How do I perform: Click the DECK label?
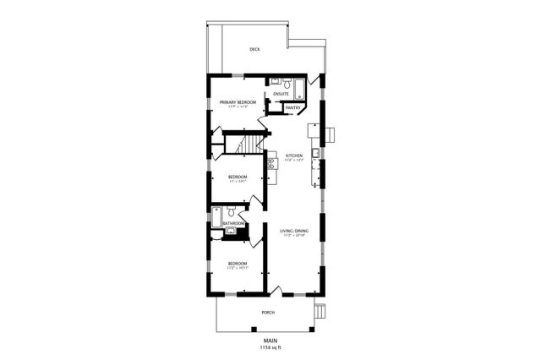click(254, 50)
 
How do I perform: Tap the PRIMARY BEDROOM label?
click(238, 102)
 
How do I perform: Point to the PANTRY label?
click(292, 107)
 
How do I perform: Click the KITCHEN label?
click(293, 155)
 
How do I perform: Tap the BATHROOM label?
click(233, 223)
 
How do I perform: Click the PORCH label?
click(267, 313)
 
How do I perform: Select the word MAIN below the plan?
click(270, 341)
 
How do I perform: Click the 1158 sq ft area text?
click(270, 347)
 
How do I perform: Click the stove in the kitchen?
click(271, 164)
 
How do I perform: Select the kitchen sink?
click(314, 153)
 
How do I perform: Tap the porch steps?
click(320, 313)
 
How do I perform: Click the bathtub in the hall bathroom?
click(218, 218)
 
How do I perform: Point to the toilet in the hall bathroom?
click(231, 230)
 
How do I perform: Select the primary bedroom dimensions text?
click(238, 107)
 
